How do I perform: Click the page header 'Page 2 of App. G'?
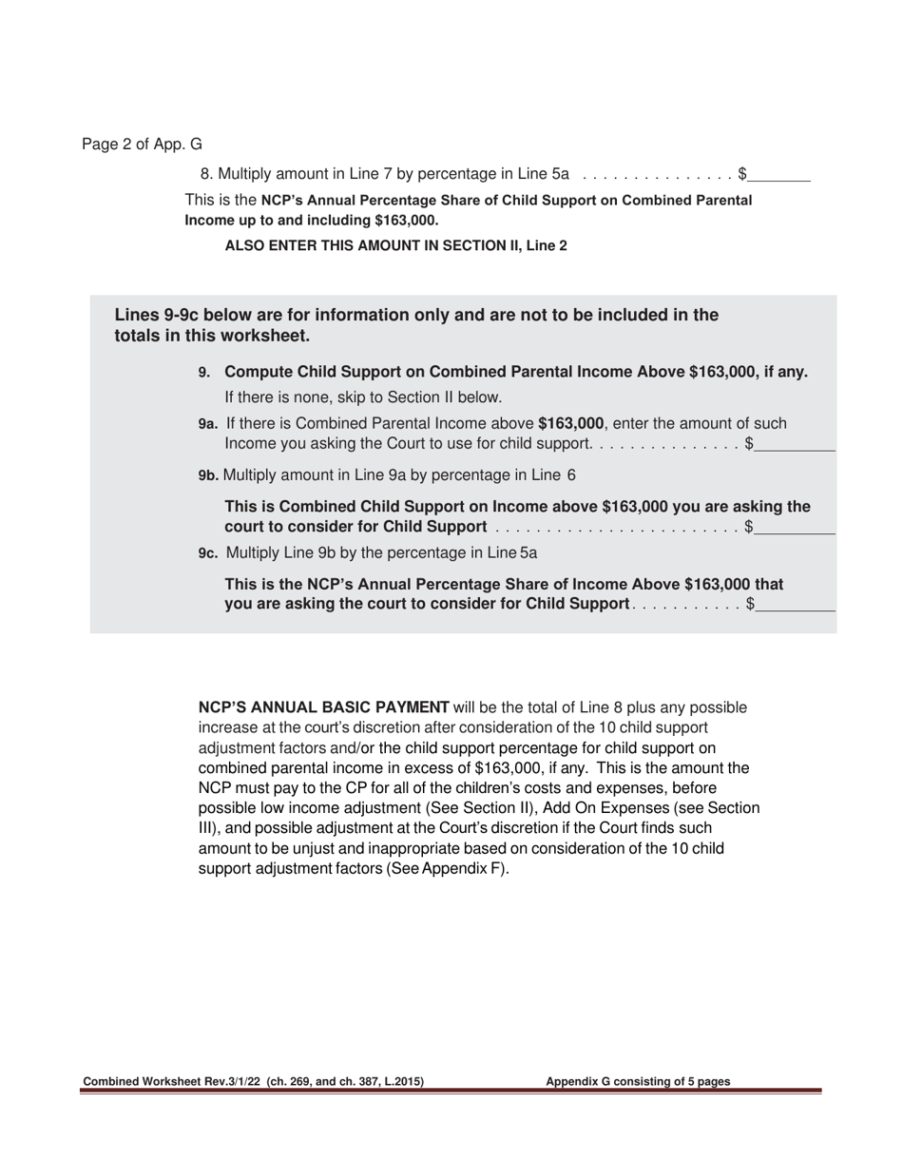tap(142, 145)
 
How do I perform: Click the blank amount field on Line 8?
tap(779, 175)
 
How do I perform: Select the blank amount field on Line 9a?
tap(796, 444)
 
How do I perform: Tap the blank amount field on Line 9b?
tap(796, 528)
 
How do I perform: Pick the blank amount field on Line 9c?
tap(796, 604)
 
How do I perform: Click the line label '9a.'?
tap(208, 424)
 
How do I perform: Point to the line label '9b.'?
tap(208, 475)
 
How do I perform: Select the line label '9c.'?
tap(208, 553)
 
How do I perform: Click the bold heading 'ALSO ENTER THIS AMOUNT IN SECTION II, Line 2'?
tap(395, 245)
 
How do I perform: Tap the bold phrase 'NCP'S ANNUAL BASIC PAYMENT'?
tap(323, 707)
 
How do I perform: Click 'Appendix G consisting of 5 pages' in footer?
tap(638, 1081)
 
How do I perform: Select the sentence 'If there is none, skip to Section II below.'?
tap(363, 397)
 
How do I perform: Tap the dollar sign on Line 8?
tap(742, 175)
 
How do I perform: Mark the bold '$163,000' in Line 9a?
tap(570, 424)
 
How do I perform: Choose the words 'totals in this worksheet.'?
tap(212, 337)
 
